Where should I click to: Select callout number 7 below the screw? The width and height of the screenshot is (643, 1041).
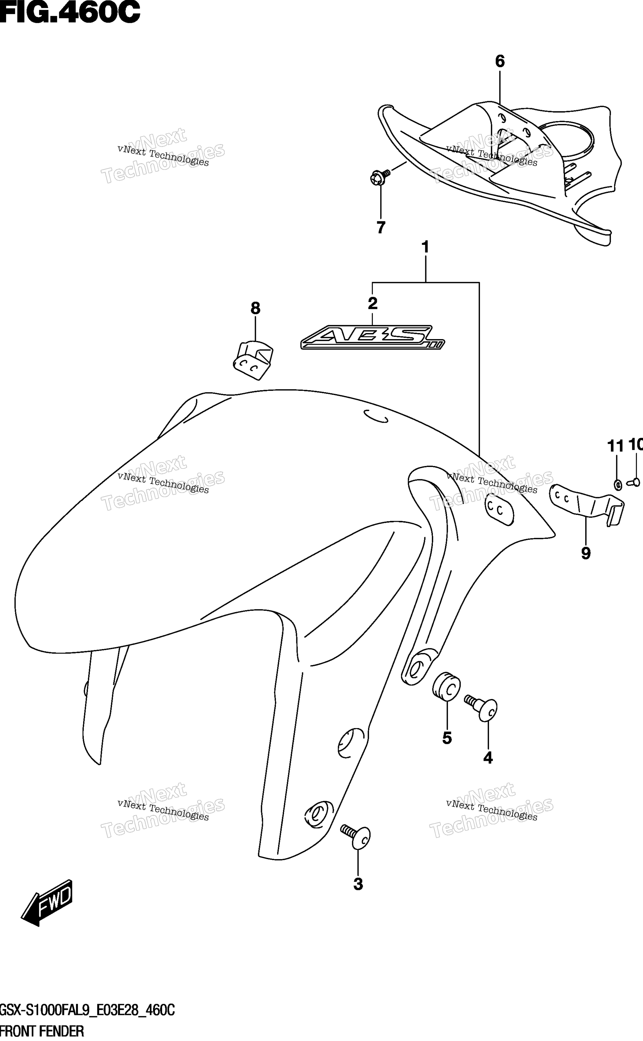[381, 227]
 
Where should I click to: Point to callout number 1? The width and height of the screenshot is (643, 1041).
[425, 247]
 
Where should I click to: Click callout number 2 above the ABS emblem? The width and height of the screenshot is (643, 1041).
[372, 303]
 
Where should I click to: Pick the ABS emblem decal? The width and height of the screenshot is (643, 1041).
[372, 337]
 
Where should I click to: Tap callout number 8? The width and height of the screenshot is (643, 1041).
[255, 308]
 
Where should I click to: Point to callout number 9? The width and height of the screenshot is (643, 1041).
[586, 553]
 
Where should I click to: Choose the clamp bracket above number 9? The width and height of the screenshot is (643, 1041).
[587, 505]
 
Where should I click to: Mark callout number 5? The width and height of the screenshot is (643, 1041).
[447, 738]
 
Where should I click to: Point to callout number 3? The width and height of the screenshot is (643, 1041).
[358, 884]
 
